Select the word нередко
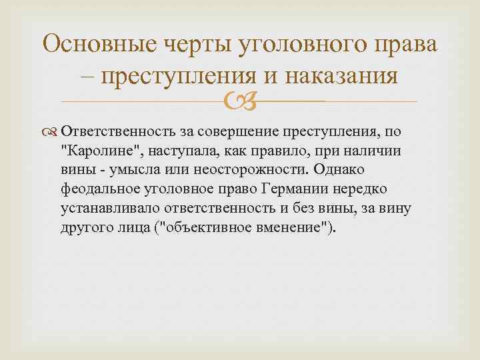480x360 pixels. [339, 189]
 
